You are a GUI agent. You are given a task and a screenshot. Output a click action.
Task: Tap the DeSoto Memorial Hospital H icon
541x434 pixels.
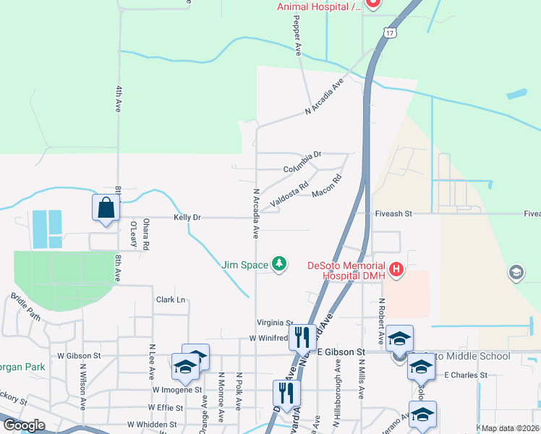point(396,271)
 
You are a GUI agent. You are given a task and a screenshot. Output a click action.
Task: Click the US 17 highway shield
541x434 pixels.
point(390,34)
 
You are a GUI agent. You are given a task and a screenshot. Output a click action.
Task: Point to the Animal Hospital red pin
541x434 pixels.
point(373,3)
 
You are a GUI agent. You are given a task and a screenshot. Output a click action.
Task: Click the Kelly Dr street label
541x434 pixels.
point(187,217)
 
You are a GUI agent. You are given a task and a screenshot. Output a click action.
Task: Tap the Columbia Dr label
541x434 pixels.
point(302,162)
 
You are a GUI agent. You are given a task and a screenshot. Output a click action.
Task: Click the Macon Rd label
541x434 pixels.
point(326,187)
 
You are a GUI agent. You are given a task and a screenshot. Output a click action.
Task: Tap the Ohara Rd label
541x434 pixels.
point(145,234)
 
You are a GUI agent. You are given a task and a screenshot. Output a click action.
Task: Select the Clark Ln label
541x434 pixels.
point(171,299)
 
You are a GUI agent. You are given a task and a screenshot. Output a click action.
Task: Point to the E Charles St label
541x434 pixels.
point(466,375)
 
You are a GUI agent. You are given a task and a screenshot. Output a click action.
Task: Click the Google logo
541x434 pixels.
point(23,425)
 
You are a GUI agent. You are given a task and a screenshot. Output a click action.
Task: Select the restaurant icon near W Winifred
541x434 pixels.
point(300,337)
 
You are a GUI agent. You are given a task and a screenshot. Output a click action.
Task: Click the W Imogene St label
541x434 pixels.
point(176,390)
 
